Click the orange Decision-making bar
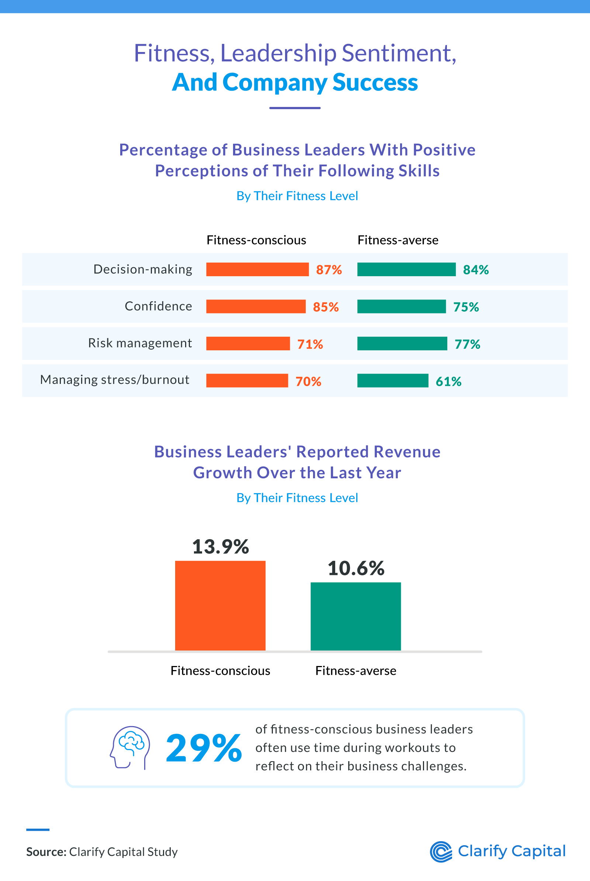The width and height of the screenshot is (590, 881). click(257, 270)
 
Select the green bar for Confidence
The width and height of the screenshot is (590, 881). click(401, 306)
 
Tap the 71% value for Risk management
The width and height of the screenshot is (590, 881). click(310, 344)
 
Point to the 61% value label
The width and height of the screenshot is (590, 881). click(448, 381)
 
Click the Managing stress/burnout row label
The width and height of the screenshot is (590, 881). click(115, 380)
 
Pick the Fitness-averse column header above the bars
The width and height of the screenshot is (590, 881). click(398, 240)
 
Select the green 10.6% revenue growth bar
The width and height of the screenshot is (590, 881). click(355, 616)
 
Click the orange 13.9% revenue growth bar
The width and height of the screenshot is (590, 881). click(220, 605)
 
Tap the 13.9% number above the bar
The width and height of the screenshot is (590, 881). click(220, 547)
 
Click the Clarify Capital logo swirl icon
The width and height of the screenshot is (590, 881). click(441, 851)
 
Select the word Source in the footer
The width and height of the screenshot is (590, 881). click(46, 851)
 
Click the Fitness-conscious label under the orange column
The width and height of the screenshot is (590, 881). click(220, 671)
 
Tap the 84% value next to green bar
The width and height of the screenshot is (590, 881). click(476, 270)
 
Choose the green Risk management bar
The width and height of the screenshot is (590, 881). click(402, 344)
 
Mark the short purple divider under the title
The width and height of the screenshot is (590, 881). click(295, 108)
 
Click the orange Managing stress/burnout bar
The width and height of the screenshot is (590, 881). click(247, 381)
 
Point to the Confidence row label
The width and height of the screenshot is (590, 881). click(159, 306)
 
